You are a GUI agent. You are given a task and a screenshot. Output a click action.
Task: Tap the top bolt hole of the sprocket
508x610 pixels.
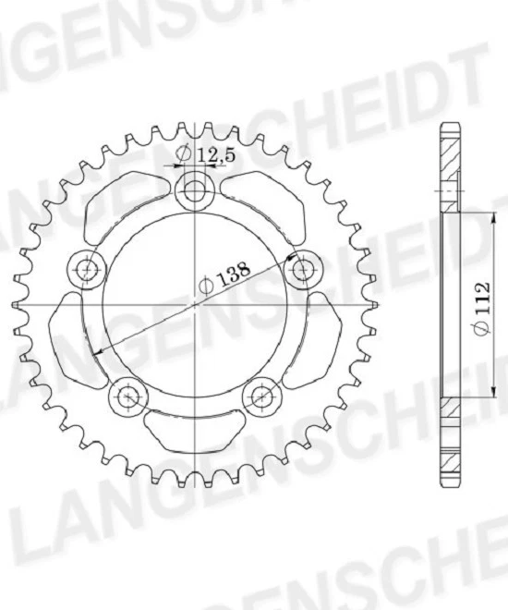coord(195,191)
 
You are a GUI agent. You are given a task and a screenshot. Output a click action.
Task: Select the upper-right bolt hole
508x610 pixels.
coord(301,270)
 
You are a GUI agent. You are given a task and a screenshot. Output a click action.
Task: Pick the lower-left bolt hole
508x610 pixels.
coord(128,396)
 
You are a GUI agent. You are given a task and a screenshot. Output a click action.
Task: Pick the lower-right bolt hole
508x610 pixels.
coord(261,396)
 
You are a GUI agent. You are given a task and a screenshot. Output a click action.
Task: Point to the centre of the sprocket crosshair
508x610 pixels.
coord(195,305)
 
